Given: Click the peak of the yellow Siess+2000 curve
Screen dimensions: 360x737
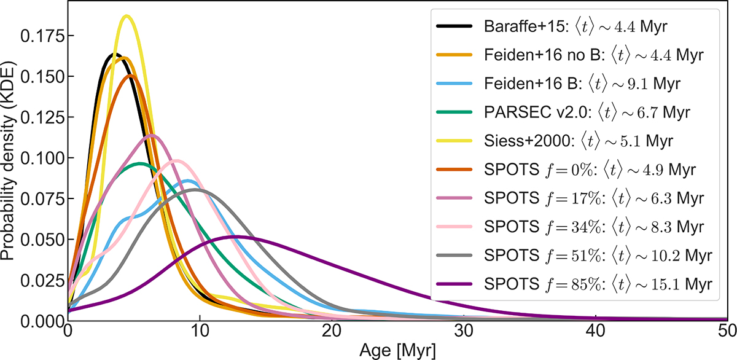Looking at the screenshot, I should [x=127, y=16].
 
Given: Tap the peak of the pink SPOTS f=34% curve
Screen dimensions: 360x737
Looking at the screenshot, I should [x=177, y=160].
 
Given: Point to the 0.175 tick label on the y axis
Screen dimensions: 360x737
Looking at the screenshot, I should [x=44, y=36].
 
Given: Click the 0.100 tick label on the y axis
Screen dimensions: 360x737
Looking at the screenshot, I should [x=44, y=158].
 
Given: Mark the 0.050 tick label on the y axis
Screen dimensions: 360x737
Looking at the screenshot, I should [x=44, y=239].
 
